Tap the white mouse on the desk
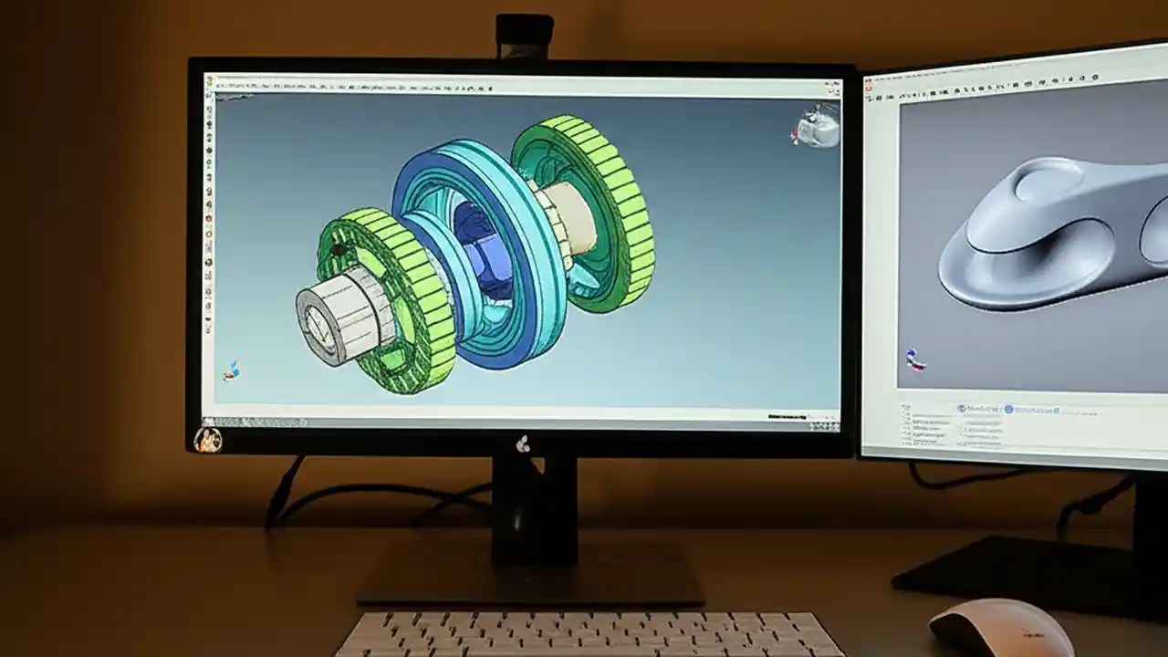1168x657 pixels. pos(1000,629)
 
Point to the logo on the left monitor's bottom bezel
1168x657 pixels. pos(523,444)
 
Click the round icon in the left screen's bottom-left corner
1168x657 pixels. pos(208,440)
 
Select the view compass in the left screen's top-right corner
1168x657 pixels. pos(818,127)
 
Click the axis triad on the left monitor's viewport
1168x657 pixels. pos(232,370)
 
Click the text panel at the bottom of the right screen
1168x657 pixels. pos(1004,424)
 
